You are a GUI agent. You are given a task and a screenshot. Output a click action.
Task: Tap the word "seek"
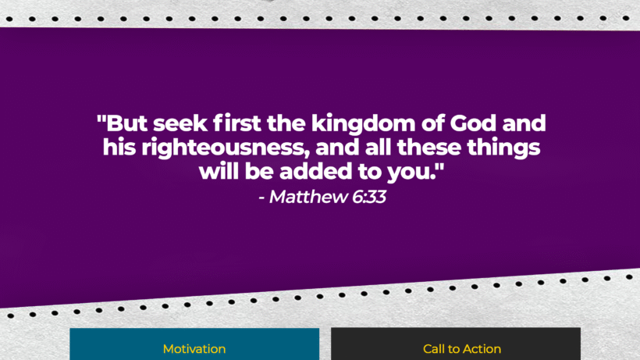(180, 123)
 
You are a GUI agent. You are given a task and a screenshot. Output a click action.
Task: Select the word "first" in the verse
(236, 123)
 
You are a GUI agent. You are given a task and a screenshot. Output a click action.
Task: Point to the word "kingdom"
(363, 124)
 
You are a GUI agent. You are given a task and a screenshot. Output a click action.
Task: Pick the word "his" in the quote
(119, 148)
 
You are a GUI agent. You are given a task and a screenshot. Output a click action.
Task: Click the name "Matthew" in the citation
(308, 197)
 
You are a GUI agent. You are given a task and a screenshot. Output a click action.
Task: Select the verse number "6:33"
(369, 197)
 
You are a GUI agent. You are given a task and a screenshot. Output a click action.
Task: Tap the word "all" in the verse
(378, 148)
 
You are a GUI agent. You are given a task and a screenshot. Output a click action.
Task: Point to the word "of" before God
(432, 123)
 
